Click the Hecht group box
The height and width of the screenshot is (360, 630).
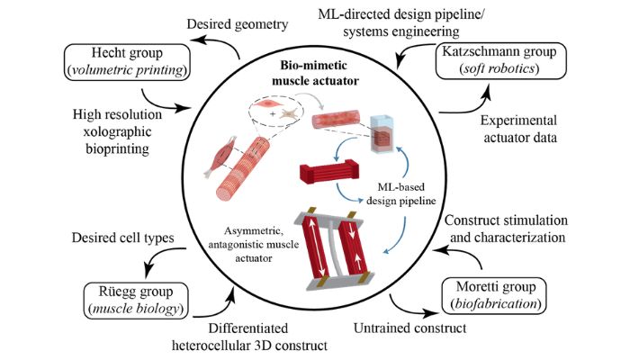[127, 62]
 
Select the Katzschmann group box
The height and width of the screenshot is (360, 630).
[501, 60]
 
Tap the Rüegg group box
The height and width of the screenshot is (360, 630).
[136, 301]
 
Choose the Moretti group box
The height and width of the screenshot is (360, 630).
[494, 295]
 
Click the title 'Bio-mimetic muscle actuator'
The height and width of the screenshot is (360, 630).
[315, 73]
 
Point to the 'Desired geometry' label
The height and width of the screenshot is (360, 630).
[237, 24]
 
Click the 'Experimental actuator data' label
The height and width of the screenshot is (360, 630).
[519, 129]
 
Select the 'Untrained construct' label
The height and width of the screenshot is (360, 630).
[409, 328]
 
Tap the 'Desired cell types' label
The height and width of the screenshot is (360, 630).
[123, 238]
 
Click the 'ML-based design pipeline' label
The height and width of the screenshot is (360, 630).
[401, 193]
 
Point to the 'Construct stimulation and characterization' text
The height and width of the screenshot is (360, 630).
[506, 229]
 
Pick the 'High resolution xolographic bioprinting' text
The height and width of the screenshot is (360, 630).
[117, 131]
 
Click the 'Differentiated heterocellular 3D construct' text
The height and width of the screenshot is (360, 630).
[249, 337]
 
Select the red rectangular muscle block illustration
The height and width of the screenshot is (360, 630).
[329, 171]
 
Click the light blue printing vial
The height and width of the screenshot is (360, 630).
[382, 134]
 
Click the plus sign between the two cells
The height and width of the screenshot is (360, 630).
[273, 114]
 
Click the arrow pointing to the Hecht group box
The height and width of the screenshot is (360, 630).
[214, 45]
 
